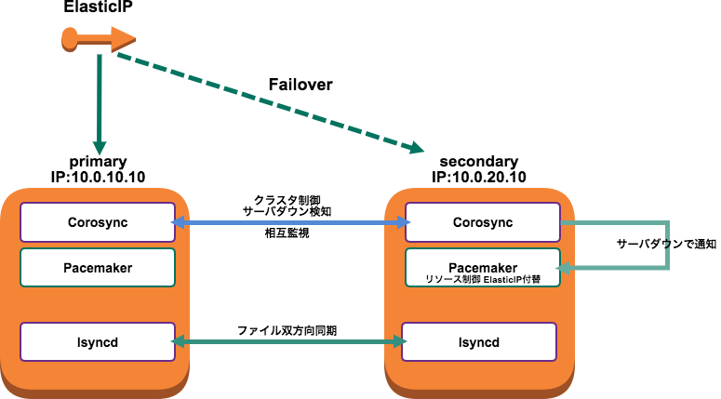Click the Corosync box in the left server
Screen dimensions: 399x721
(98, 222)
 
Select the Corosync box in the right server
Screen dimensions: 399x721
(483, 222)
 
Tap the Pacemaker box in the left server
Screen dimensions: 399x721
(98, 268)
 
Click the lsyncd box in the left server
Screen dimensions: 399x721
(98, 342)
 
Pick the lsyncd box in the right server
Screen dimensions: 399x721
(479, 342)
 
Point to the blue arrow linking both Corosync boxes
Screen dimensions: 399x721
(290, 223)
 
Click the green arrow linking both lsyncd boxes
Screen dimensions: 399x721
(290, 342)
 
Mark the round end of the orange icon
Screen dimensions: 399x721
(69, 38)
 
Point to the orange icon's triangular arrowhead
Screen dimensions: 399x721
(124, 39)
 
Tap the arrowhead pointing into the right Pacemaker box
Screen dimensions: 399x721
(568, 269)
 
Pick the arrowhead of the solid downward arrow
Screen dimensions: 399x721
(100, 148)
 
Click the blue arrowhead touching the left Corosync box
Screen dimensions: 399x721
(180, 223)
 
